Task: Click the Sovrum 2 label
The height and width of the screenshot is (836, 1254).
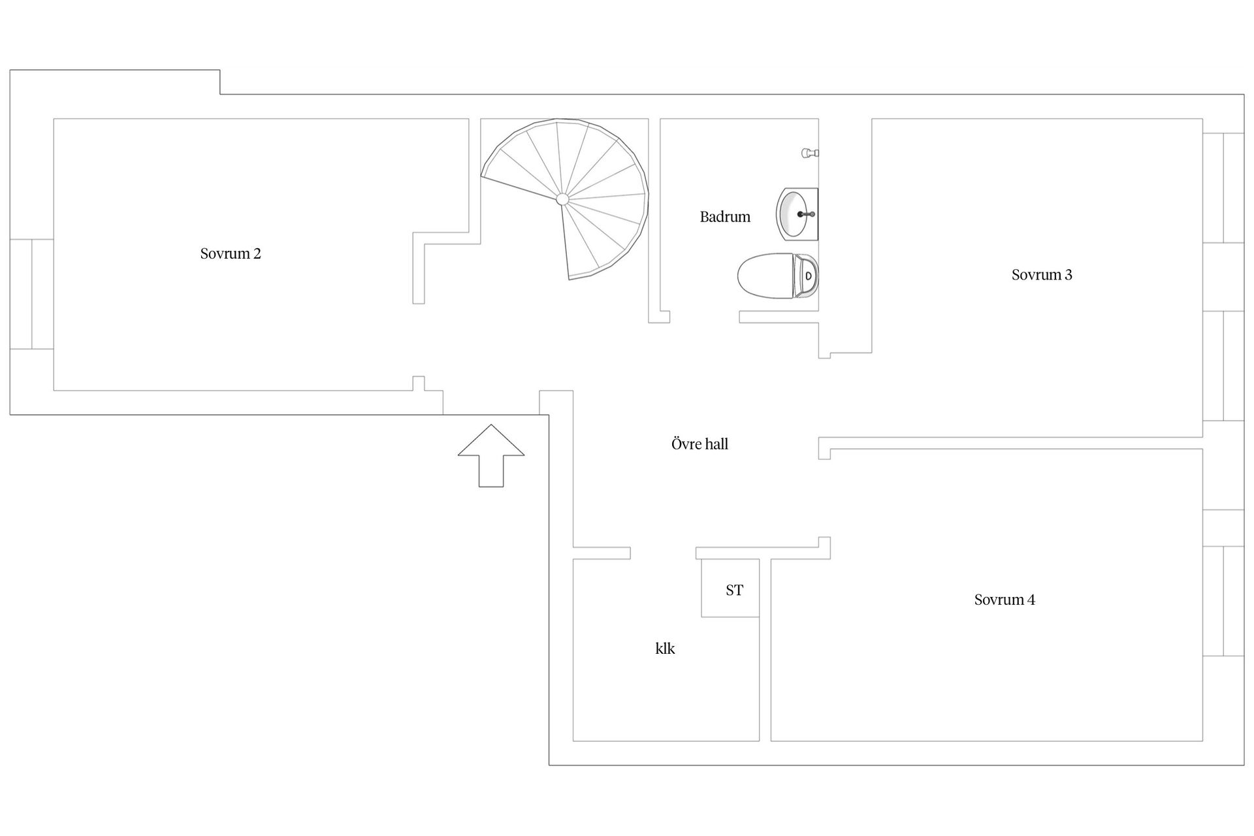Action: pos(231,254)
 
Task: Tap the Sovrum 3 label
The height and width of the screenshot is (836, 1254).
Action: pos(1042,275)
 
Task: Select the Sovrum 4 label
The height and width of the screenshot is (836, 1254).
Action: pos(1005,600)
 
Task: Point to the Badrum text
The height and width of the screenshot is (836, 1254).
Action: pos(725,217)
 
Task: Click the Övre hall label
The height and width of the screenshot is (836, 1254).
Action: pos(699,444)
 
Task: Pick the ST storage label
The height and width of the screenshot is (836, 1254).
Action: pos(734,590)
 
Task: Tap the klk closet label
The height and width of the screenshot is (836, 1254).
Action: pos(665,649)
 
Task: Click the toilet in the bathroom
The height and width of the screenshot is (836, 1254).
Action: pos(778,276)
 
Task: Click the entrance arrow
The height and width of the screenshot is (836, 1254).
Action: pos(491,455)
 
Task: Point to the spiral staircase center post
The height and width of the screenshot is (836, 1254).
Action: pos(562,199)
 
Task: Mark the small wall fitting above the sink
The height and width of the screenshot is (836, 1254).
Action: pos(810,153)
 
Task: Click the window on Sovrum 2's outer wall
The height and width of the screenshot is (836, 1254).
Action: pos(31,294)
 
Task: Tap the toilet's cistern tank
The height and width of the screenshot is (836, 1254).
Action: pos(806,276)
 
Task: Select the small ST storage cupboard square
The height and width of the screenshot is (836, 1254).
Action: pos(730,588)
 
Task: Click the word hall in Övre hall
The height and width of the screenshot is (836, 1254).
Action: pos(716,444)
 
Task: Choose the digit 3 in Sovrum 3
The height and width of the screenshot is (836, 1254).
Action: pos(1069,275)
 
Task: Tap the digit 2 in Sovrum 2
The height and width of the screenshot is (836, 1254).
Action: pos(257,254)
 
